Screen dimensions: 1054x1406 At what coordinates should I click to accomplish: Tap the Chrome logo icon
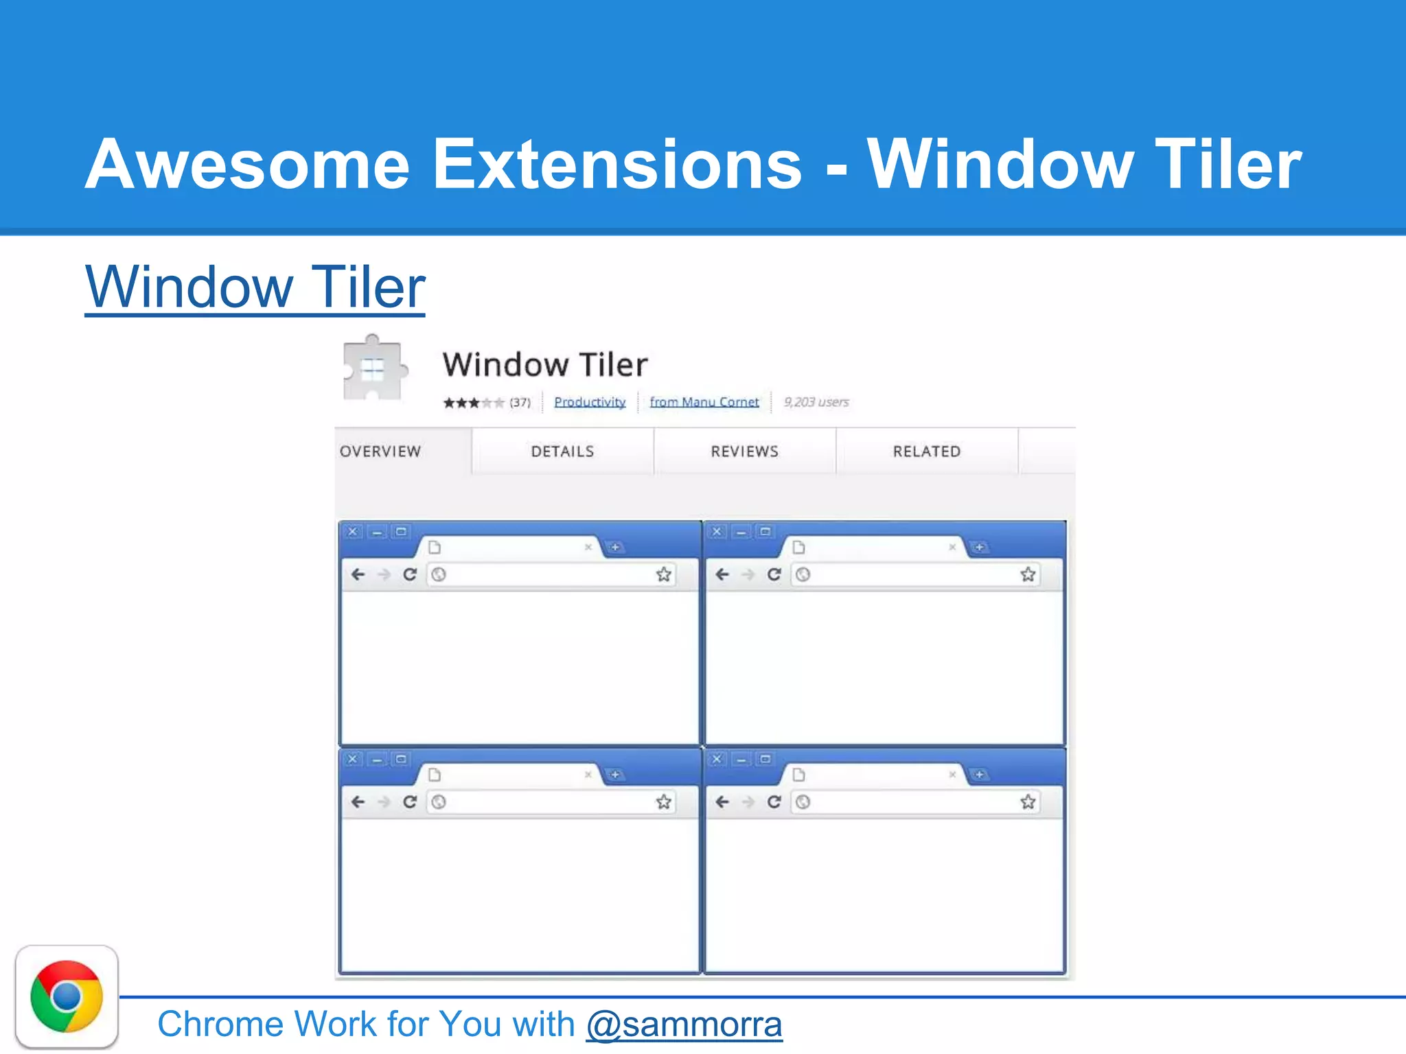coord(67,996)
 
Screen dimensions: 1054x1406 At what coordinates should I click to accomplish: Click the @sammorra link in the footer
coord(684,1024)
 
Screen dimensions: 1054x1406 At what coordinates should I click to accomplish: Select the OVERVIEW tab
coord(380,452)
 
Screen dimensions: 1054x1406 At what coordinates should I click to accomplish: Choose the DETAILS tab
coord(562,452)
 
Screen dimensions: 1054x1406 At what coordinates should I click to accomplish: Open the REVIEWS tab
coord(744,452)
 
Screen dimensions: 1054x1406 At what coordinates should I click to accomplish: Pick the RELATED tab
coord(926,452)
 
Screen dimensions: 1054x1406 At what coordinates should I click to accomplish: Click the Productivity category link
coord(590,402)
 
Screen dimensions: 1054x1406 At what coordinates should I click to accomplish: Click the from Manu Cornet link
coord(704,402)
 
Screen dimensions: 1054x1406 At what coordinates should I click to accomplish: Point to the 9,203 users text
coord(816,402)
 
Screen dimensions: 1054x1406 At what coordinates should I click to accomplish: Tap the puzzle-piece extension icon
coord(373,369)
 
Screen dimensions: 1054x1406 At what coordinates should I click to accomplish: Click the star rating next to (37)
coord(473,403)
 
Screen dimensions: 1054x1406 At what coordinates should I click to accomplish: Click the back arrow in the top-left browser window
coord(358,574)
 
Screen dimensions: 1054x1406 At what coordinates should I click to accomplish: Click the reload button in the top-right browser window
coord(774,574)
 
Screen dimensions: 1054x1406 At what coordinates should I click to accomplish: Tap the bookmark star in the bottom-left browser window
coord(663,801)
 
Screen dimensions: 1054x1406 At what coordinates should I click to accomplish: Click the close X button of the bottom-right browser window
coord(717,759)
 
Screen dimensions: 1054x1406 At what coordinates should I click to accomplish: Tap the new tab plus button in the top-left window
coord(616,547)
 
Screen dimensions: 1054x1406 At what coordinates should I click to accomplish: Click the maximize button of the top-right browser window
coord(765,532)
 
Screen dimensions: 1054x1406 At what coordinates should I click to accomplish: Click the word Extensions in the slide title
coord(616,165)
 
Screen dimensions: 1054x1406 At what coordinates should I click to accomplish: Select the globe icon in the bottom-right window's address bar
coord(803,801)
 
